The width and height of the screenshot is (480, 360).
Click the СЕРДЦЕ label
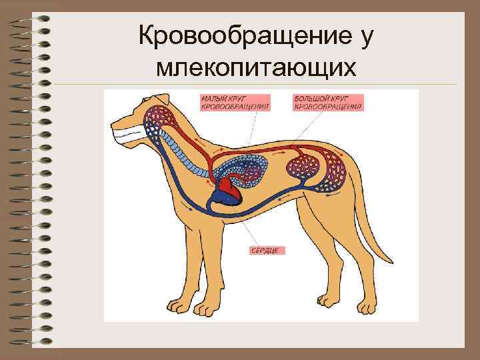pyautogui.click(x=268, y=251)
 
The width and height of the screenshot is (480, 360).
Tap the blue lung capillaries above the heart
pyautogui.click(x=250, y=171)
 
